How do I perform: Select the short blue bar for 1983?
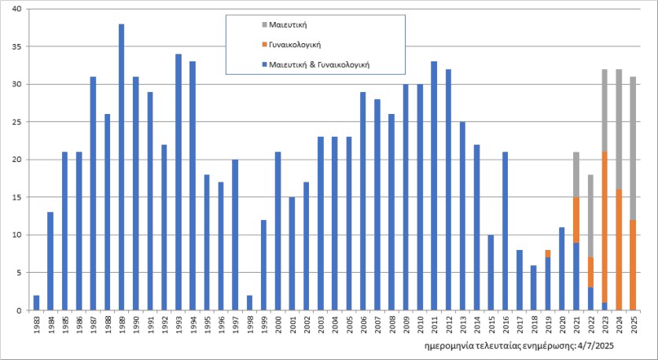[x=36, y=303]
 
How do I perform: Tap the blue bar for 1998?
[x=249, y=303]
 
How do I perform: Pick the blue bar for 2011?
[x=434, y=186]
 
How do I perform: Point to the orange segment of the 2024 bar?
[x=619, y=249]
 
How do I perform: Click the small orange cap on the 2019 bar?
[x=547, y=253]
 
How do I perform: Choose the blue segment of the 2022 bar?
[x=590, y=299]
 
